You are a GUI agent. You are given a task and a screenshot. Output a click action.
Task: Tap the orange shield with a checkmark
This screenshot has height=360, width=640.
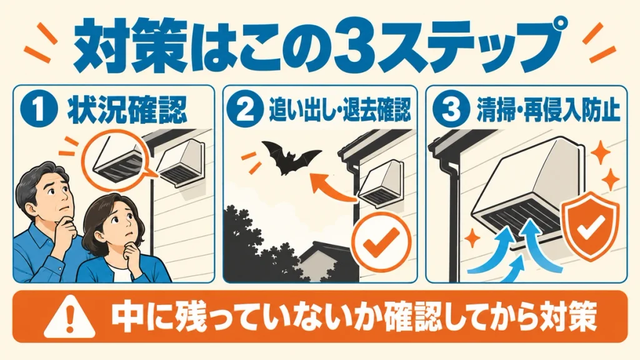(x=591, y=225)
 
